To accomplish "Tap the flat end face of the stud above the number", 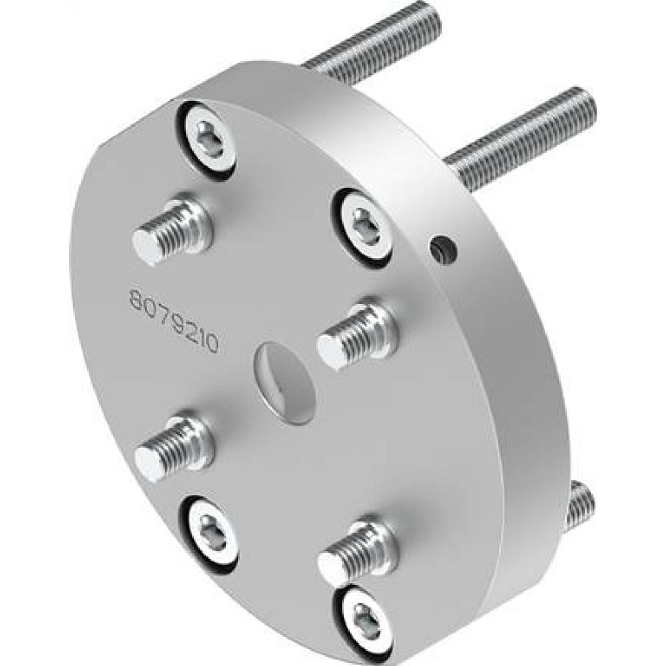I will (x=145, y=248).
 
